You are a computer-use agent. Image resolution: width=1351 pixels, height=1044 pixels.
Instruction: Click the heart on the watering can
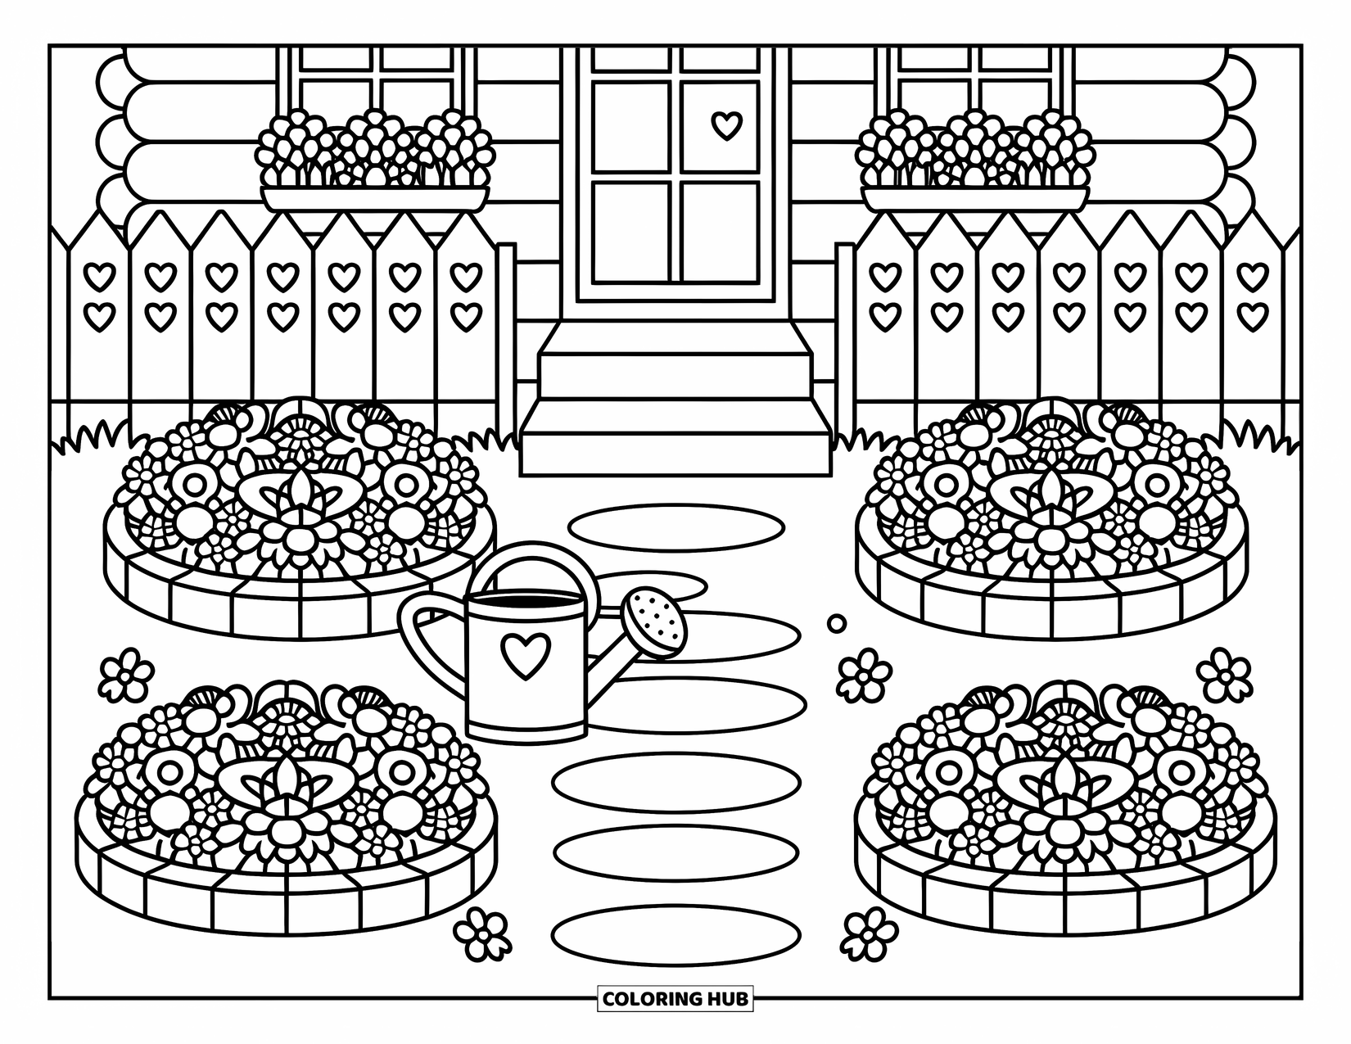[526, 654]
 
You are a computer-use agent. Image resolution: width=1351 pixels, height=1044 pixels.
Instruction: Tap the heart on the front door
[725, 124]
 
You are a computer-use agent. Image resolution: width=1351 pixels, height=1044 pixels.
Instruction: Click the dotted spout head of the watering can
[655, 624]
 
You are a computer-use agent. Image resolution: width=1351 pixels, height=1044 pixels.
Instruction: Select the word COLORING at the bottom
[650, 999]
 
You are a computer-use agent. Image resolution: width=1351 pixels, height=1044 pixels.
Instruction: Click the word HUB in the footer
[725, 999]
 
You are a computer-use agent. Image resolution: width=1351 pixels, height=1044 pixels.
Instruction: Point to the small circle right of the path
[837, 623]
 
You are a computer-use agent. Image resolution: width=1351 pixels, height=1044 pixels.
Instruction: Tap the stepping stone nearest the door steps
[676, 525]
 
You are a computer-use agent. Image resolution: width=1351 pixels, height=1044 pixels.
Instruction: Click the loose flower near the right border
[1225, 673]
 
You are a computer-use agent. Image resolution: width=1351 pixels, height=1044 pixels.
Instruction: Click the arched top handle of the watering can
[536, 563]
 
